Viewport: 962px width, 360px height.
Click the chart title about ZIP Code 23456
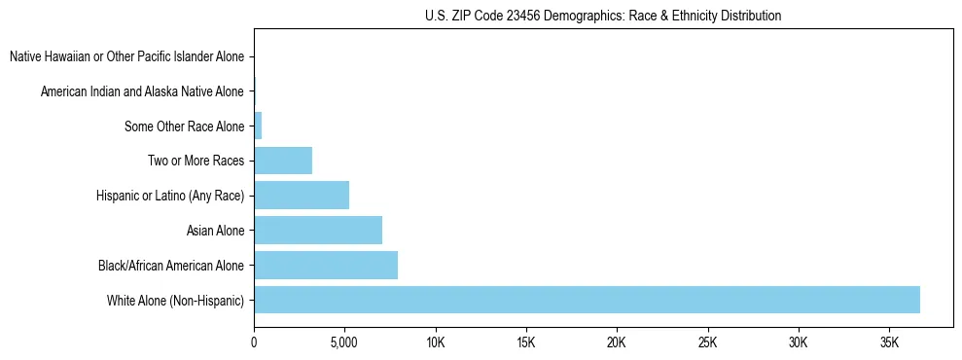click(x=603, y=16)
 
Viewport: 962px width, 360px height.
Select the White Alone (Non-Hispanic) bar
click(x=587, y=300)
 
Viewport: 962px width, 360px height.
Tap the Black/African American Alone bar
click(x=326, y=265)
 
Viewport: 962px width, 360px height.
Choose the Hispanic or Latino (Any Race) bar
click(x=302, y=196)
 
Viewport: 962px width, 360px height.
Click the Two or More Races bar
click(x=283, y=161)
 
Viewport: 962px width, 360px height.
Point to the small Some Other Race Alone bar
click(x=258, y=126)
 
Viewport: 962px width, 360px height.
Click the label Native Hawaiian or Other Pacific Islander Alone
click(x=127, y=57)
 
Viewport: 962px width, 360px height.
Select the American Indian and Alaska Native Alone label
click(x=143, y=91)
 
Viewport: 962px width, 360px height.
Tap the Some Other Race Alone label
click(x=185, y=126)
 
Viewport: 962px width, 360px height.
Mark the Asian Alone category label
click(x=216, y=231)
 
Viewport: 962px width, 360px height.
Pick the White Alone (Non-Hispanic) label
click(x=176, y=300)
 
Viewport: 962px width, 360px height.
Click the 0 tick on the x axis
click(x=254, y=342)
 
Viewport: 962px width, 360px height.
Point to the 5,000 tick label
click(x=344, y=342)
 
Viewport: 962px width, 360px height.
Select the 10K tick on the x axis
click(x=435, y=342)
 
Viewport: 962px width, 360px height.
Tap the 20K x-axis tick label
click(x=617, y=342)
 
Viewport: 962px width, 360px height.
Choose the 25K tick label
click(x=707, y=342)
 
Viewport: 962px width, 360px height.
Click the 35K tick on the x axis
click(x=889, y=342)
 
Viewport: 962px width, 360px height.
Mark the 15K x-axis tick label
click(x=526, y=342)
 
